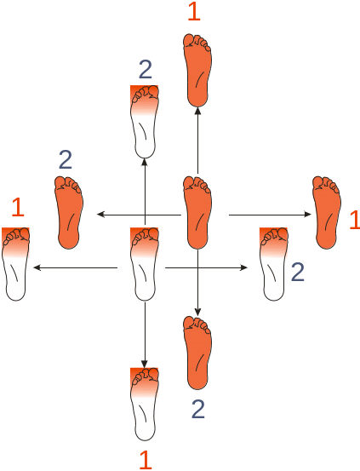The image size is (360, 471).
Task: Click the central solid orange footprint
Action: click(197, 213)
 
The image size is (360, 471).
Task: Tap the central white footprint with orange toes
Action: click(145, 264)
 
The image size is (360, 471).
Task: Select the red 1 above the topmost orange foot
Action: click(194, 12)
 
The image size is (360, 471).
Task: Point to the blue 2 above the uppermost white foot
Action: click(146, 69)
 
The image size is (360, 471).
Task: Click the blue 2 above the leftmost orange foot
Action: click(66, 160)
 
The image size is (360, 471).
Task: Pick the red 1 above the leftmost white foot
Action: click(18, 207)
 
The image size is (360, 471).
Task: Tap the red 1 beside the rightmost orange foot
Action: click(355, 220)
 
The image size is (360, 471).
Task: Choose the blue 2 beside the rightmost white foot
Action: click(298, 273)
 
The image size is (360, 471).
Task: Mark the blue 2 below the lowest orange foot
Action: click(198, 409)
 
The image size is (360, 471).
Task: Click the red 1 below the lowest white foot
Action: click(146, 460)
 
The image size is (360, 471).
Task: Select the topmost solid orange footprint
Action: click(197, 71)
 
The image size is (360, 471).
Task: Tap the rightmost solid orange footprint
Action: click(326, 213)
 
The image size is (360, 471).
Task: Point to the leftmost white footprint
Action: click(16, 264)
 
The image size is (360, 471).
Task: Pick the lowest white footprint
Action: click(145, 405)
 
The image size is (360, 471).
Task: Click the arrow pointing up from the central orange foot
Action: click(197, 141)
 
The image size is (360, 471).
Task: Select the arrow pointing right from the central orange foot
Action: click(271, 215)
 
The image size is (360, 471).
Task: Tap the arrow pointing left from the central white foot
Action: click(75, 267)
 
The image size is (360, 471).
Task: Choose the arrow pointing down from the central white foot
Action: click(145, 335)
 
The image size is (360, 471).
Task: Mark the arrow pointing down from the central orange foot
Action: click(197, 283)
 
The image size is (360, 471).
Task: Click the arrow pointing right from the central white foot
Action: click(207, 267)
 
